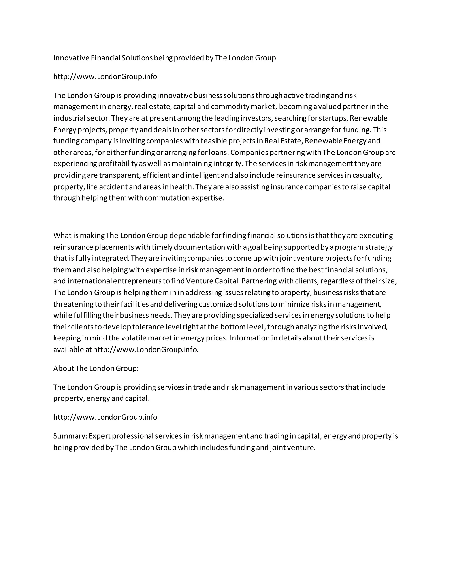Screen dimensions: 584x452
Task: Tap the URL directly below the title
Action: [105, 77]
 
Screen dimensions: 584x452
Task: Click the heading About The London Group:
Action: [96, 368]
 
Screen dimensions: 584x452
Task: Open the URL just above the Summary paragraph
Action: [105, 417]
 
